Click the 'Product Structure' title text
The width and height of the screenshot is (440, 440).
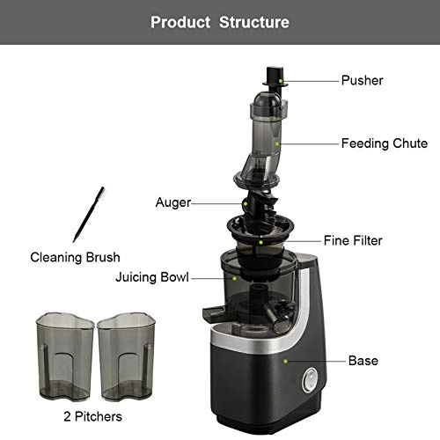pyautogui.click(x=219, y=21)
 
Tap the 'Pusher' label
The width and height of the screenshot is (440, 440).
pyautogui.click(x=363, y=81)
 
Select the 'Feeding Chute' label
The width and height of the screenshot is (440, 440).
pyautogui.click(x=385, y=143)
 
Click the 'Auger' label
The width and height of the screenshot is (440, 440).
pyautogui.click(x=173, y=202)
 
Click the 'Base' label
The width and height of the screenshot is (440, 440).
pyautogui.click(x=363, y=361)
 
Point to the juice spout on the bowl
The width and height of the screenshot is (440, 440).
pyautogui.click(x=214, y=312)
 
